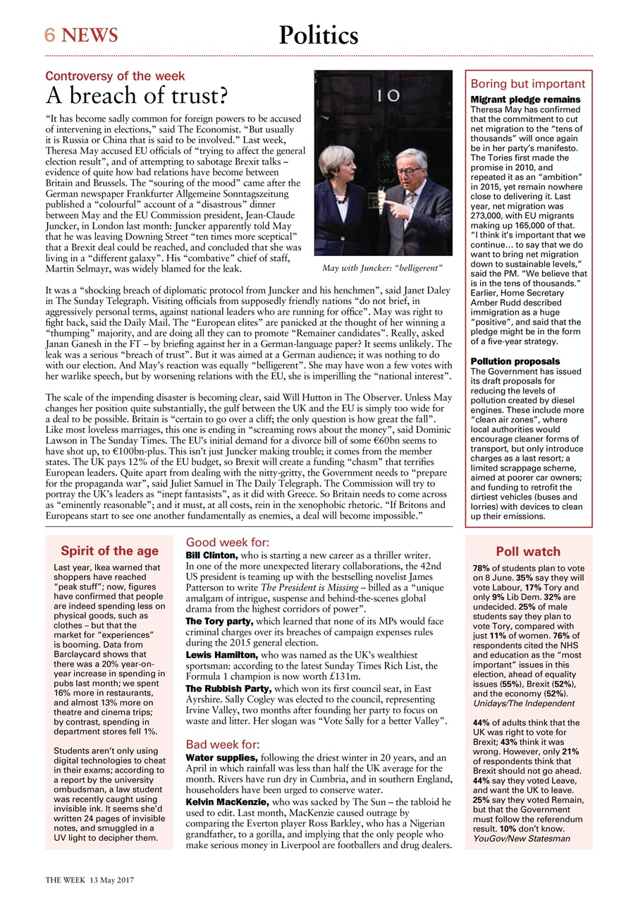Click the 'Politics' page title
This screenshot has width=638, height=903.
[x=319, y=35]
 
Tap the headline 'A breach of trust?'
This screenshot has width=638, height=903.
[x=136, y=95]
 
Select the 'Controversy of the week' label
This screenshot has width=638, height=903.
[x=116, y=76]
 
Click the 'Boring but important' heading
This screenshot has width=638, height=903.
[x=528, y=83]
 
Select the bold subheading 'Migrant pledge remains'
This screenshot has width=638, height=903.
[x=525, y=99]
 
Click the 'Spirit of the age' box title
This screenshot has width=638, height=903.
[x=109, y=551]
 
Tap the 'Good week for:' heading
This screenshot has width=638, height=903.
[x=227, y=543]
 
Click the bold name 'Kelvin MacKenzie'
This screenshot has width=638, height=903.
[x=227, y=803]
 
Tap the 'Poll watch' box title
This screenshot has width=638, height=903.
[x=528, y=552]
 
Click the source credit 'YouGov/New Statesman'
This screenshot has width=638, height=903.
[x=522, y=839]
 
